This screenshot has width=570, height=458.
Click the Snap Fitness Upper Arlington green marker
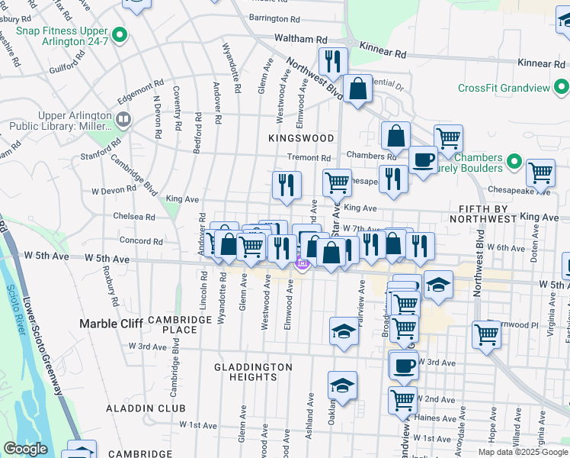point(120,35)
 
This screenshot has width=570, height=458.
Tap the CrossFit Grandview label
point(503,88)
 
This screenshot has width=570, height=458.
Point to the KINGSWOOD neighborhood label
point(301,138)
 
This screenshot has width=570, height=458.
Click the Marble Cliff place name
point(111,324)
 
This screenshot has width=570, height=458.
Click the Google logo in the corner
point(25,449)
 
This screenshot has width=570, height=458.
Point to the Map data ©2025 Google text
point(522,452)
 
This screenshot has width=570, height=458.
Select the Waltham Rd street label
point(305,39)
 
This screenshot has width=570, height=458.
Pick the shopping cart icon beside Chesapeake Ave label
point(540,173)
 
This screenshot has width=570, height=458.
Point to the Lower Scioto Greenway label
point(43,343)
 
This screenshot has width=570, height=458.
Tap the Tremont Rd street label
point(308,157)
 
